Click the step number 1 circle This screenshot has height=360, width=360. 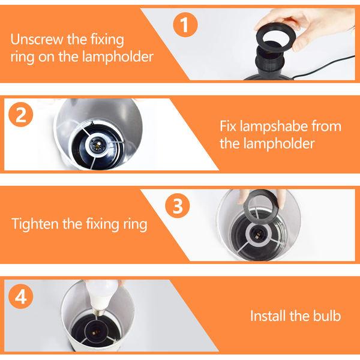tap(185, 25)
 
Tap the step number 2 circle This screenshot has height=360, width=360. tap(21, 115)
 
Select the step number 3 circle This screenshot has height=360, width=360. tap(178, 206)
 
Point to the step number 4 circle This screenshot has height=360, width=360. tap(21, 296)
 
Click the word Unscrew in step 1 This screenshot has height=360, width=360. tap(37, 39)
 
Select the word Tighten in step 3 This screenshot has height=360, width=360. tap(35, 224)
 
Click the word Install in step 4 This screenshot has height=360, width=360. tap(268, 316)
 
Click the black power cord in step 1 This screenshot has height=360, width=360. tap(324, 67)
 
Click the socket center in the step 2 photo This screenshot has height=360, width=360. tap(98, 145)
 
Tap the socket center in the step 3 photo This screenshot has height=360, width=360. tap(258, 233)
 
